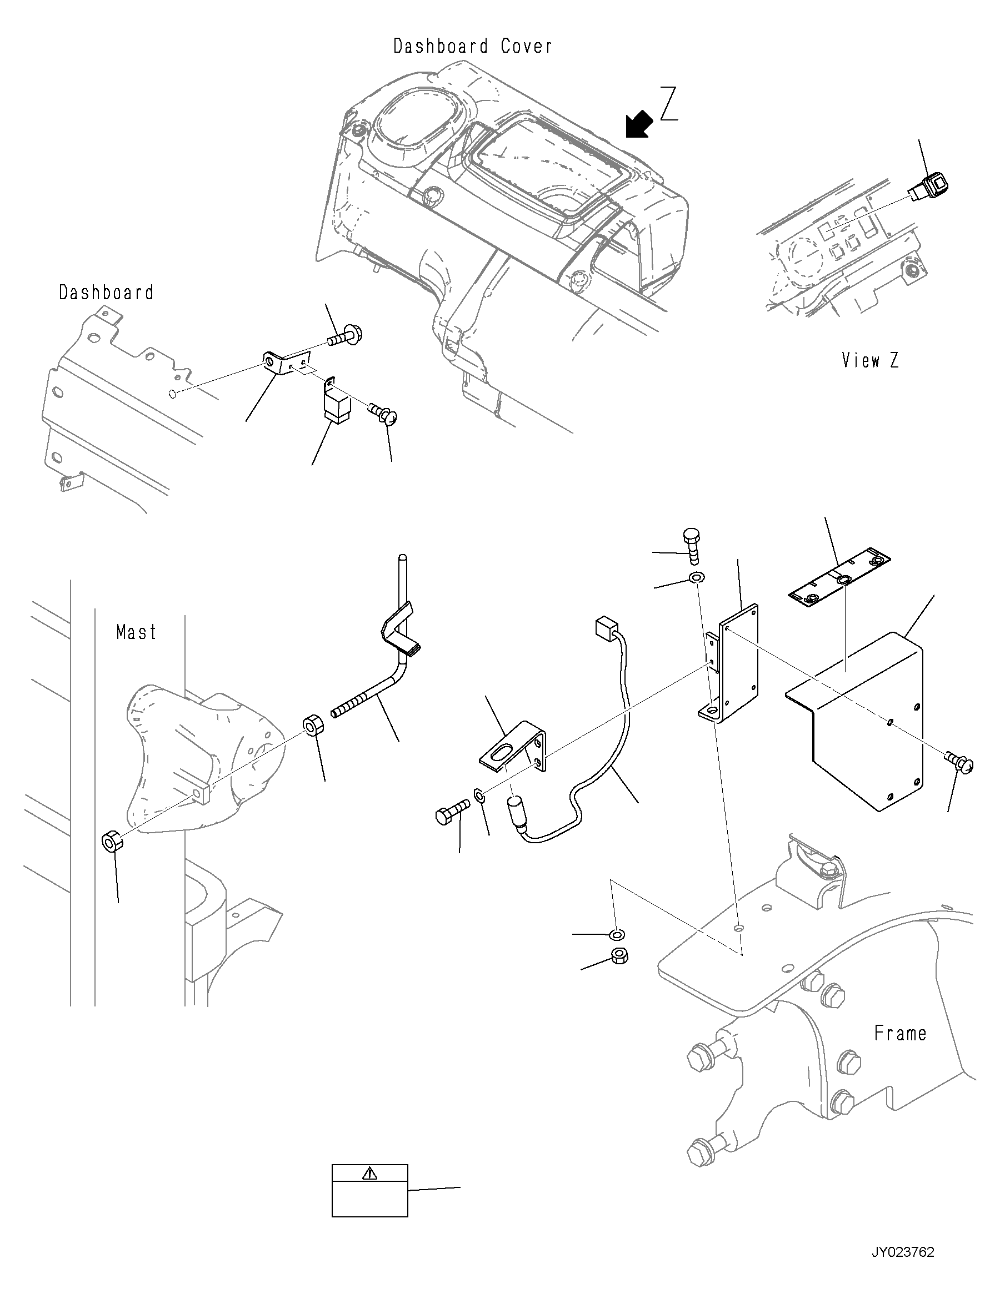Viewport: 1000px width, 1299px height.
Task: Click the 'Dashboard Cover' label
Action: [x=473, y=47]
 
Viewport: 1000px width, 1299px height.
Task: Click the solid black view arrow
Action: [x=639, y=125]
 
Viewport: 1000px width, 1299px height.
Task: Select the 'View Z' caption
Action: [x=870, y=360]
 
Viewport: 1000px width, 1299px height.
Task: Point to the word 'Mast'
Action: [x=137, y=632]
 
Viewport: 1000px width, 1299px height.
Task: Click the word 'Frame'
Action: [x=900, y=1033]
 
